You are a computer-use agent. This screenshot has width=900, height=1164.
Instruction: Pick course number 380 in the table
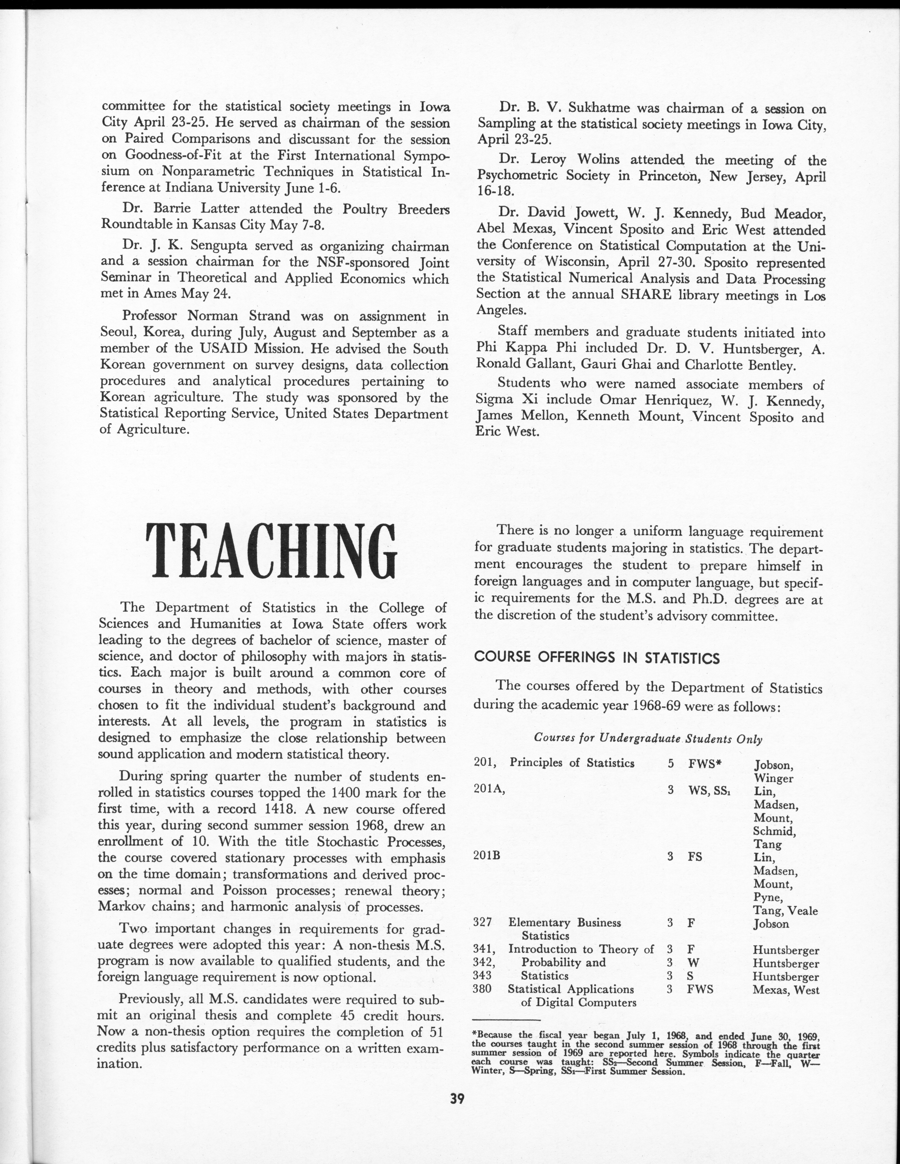point(482,989)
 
